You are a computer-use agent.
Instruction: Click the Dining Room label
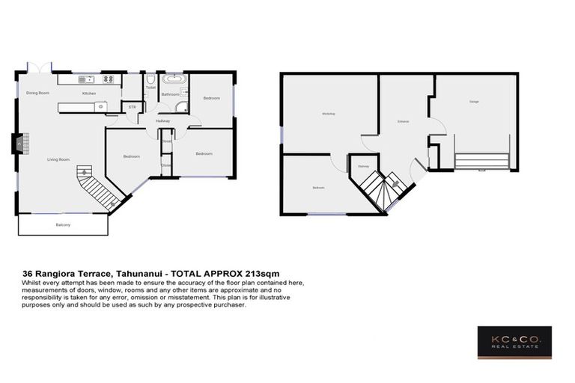point(37,94)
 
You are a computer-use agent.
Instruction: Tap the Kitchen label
point(89,94)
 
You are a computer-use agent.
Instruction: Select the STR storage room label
point(132,108)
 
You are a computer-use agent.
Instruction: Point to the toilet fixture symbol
point(150,79)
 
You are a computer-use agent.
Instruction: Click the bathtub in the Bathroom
point(174,79)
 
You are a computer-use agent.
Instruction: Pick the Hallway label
point(163,121)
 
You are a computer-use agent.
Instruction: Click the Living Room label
point(58,159)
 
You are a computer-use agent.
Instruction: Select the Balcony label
point(63,224)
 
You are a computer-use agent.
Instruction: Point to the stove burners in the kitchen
point(108,79)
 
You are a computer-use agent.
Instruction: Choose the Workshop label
point(328,114)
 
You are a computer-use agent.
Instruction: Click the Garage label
point(474,102)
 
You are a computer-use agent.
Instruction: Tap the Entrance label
point(402,121)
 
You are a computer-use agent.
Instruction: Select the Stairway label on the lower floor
point(364,166)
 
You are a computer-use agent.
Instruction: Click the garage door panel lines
point(482,161)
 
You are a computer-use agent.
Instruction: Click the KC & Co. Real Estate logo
point(514,342)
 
